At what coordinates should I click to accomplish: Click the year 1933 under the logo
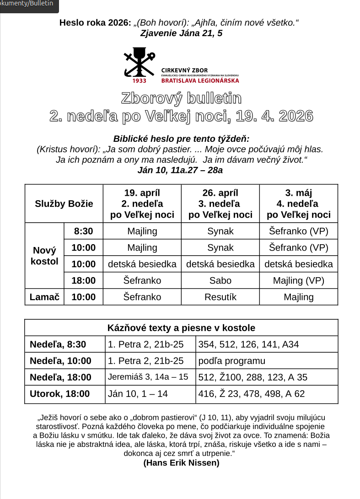click(140, 80)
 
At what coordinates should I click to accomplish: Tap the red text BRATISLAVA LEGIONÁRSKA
click(200, 80)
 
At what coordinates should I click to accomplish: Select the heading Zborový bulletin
click(181, 98)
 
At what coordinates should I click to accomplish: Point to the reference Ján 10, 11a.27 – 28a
click(180, 170)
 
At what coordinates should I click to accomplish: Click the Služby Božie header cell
click(64, 204)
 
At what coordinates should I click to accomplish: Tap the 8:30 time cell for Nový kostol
click(84, 231)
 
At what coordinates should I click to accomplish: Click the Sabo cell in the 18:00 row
click(220, 280)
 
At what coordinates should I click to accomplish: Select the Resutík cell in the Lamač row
click(220, 297)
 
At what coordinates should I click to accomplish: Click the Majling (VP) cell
click(299, 280)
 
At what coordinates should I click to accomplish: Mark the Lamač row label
click(44, 297)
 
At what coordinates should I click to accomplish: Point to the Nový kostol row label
click(44, 256)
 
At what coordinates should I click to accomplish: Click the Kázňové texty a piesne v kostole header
click(181, 327)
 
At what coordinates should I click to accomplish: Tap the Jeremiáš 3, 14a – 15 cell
click(148, 377)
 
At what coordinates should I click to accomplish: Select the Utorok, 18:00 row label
click(60, 393)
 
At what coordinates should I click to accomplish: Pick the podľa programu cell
click(232, 360)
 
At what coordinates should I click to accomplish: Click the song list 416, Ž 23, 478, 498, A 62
click(252, 393)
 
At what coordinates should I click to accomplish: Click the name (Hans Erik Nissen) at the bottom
click(181, 462)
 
